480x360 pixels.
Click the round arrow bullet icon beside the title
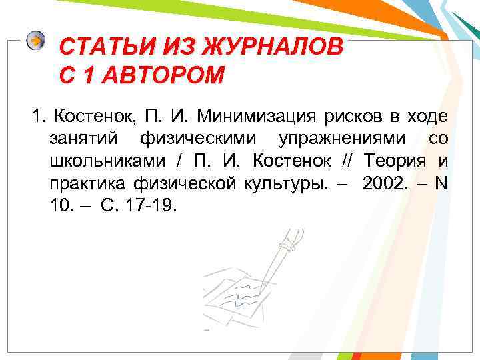36,41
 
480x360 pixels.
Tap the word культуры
273,183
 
